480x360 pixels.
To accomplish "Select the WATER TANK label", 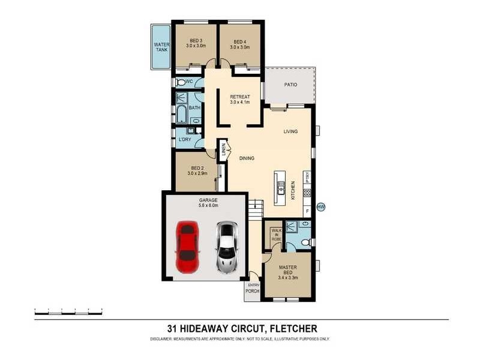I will pyautogui.click(x=161, y=47).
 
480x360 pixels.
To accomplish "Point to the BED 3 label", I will pyautogui.click(x=196, y=41).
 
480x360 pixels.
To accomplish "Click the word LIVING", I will pyautogui.click(x=290, y=131).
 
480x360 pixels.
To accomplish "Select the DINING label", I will pyautogui.click(x=247, y=158).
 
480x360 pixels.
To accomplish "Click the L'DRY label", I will pyautogui.click(x=185, y=140).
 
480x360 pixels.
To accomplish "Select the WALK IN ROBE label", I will pyautogui.click(x=276, y=235).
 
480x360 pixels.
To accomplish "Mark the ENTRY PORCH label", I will pyautogui.click(x=252, y=288).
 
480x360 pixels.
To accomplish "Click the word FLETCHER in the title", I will pyautogui.click(x=293, y=328).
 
